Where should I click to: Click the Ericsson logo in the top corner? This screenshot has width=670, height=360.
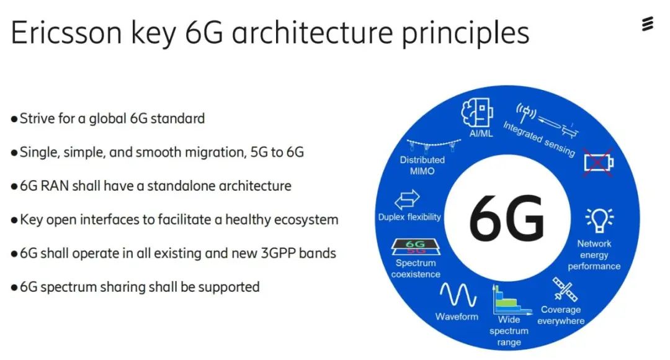pyautogui.click(x=647, y=24)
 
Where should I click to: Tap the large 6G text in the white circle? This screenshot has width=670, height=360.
pyautogui.click(x=507, y=217)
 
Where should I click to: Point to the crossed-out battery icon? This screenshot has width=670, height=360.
pyautogui.click(x=599, y=163)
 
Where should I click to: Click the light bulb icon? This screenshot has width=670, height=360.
pyautogui.click(x=599, y=220)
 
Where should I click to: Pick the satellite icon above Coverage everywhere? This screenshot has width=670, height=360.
pyautogui.click(x=565, y=289)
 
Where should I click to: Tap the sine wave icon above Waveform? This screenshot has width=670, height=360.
pyautogui.click(x=458, y=295)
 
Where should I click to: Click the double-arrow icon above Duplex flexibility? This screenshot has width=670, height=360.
pyautogui.click(x=407, y=199)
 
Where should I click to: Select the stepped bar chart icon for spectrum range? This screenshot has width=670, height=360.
pyautogui.click(x=511, y=300)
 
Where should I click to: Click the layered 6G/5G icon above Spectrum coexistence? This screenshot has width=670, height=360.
pyautogui.click(x=415, y=246)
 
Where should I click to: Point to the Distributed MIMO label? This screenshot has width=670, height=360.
pyautogui.click(x=422, y=166)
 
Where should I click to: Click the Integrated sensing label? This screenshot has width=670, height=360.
pyautogui.click(x=539, y=139)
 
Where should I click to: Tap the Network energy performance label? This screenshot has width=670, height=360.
pyautogui.click(x=594, y=255)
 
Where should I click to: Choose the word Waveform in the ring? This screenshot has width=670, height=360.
pyautogui.click(x=457, y=317)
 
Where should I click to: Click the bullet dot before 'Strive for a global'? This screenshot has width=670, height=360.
pyautogui.click(x=14, y=119)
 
